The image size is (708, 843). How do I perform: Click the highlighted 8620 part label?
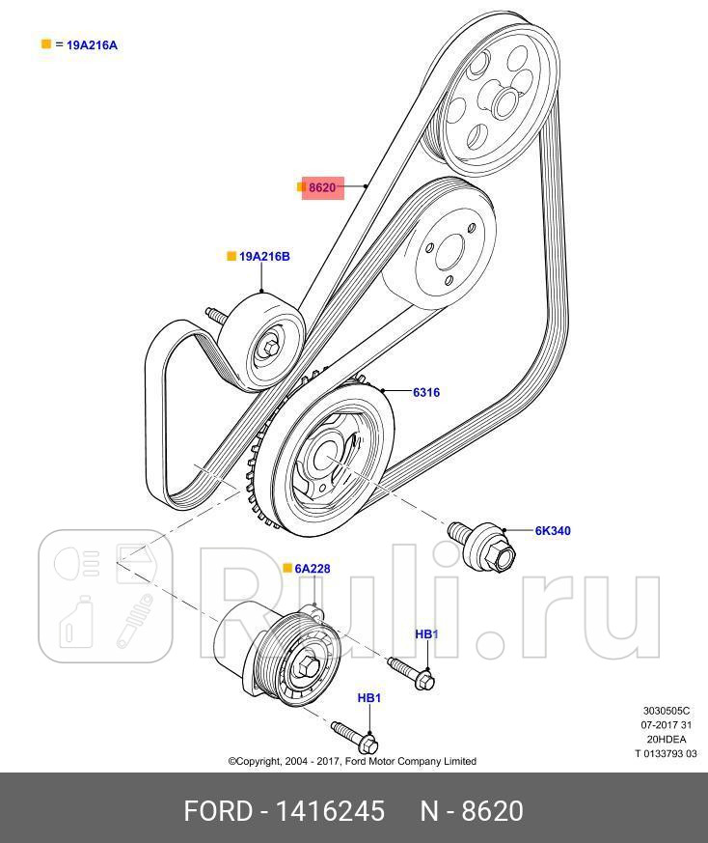[x=322, y=187]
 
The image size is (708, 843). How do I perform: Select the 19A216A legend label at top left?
[x=92, y=44]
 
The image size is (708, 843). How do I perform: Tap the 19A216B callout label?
[x=264, y=256]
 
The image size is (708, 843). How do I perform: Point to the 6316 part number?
[x=426, y=392]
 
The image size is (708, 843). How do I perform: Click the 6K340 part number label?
[x=553, y=530]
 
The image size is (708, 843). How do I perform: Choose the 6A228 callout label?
[x=313, y=569]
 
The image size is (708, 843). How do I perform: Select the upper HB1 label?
[x=426, y=634]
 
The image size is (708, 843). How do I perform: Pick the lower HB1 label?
[x=369, y=697]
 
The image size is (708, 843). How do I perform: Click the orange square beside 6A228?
[x=286, y=569]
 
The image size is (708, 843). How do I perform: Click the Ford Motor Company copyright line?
[x=352, y=761]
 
